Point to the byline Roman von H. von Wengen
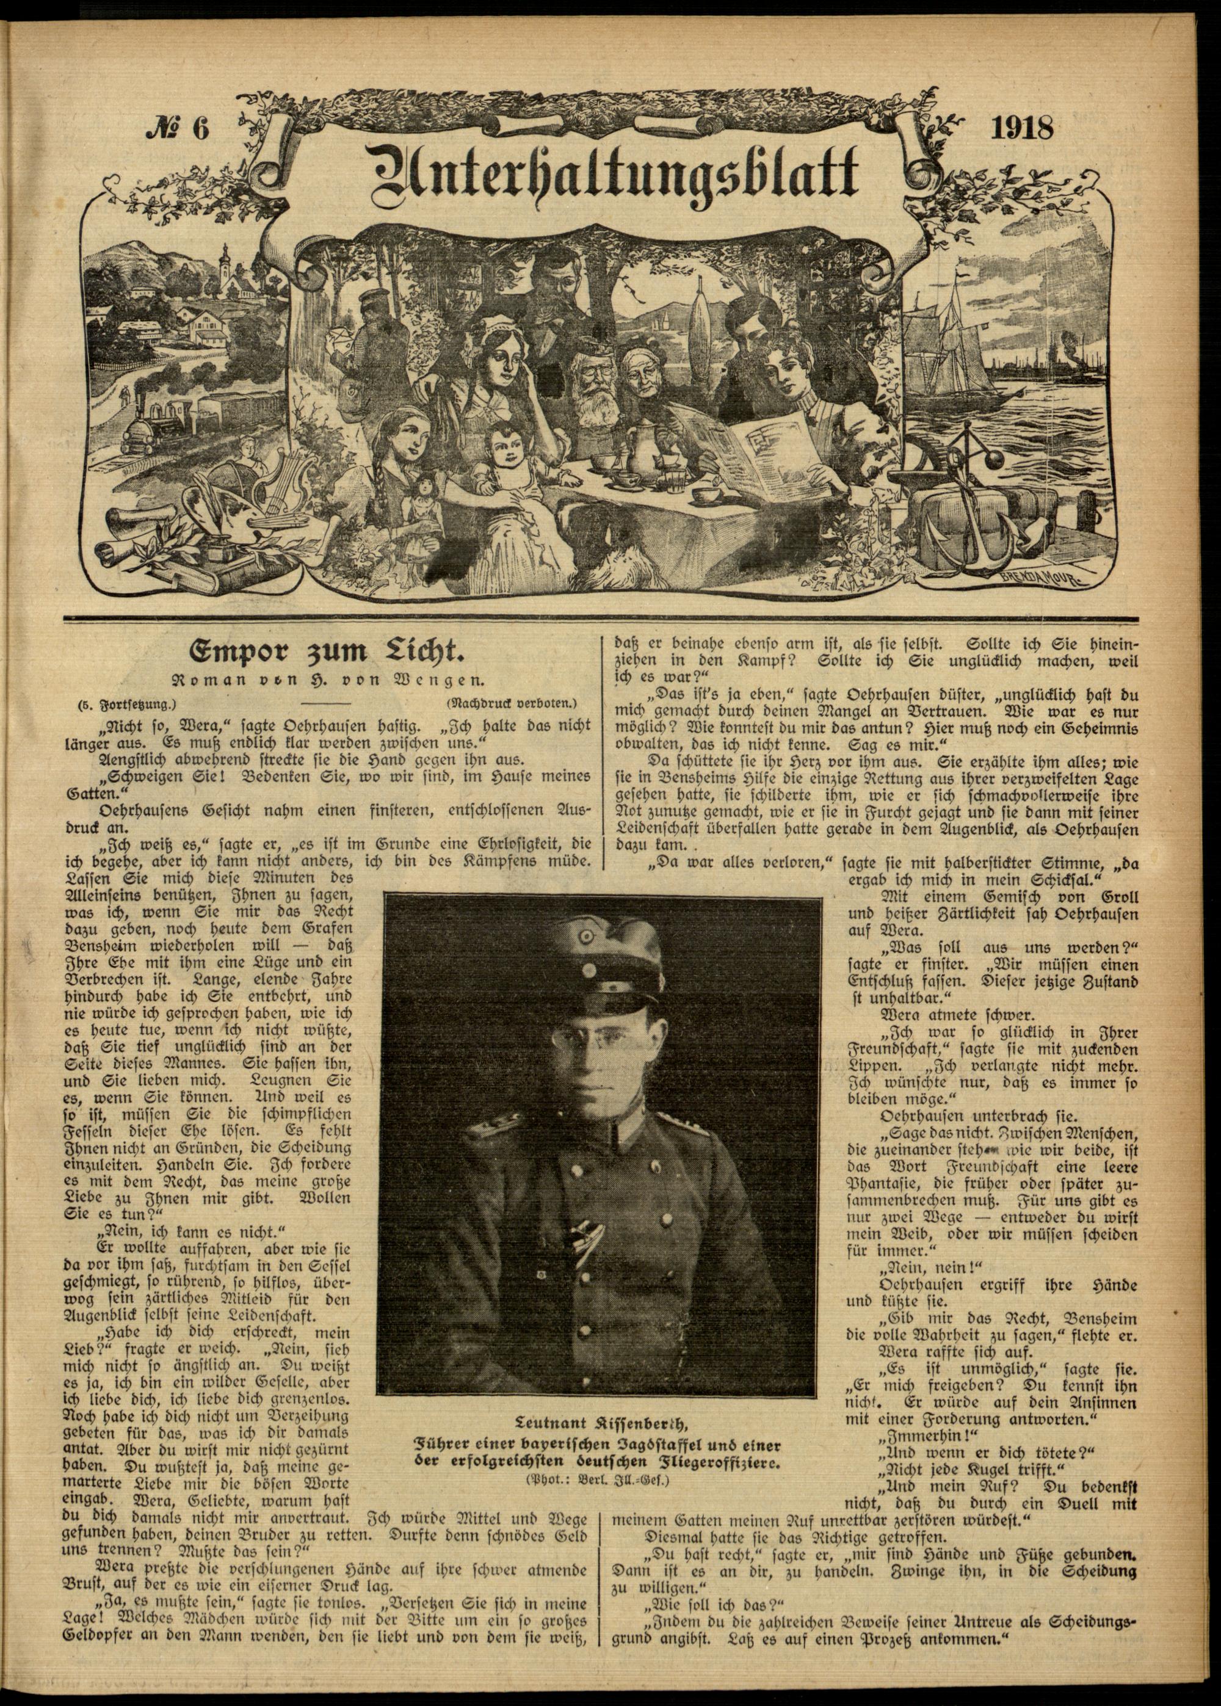point(328,681)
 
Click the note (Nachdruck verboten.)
point(511,705)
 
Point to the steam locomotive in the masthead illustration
point(156,434)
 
